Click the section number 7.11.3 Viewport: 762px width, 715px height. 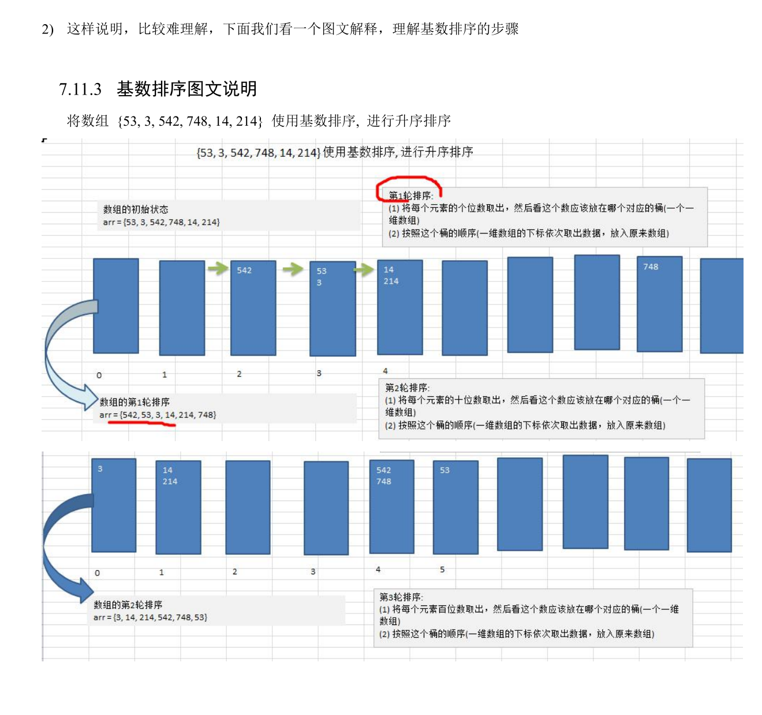(80, 89)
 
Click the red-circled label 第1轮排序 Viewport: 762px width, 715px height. (410, 195)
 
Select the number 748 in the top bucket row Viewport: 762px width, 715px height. (651, 266)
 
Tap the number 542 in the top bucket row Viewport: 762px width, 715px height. (244, 270)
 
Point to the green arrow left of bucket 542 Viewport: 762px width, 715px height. (218, 268)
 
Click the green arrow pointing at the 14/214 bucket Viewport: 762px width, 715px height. (364, 269)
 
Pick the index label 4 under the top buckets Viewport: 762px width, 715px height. (385, 371)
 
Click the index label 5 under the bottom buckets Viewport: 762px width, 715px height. (442, 569)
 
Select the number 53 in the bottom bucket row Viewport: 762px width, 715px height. (444, 470)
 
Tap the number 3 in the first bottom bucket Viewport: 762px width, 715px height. (100, 469)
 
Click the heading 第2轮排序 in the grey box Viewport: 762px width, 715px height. (407, 387)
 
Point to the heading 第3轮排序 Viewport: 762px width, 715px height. (401, 597)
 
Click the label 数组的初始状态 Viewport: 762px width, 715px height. (136, 209)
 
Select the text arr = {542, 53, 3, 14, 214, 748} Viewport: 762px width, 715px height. (158, 415)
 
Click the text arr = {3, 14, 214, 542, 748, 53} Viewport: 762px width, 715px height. (150, 617)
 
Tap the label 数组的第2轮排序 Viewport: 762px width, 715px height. (128, 604)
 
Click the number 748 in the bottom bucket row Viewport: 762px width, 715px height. (384, 481)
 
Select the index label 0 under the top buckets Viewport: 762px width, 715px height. (99, 375)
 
